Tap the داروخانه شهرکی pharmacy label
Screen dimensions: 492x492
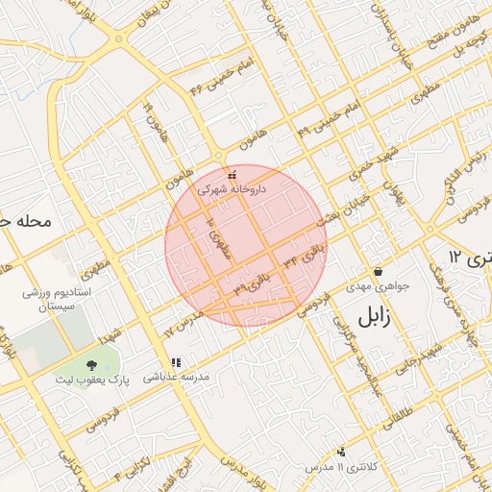coord(231,190)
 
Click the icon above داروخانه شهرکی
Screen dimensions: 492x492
coord(231,175)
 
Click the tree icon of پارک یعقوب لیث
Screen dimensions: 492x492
coord(91,365)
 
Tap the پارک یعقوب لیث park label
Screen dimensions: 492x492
coord(91,381)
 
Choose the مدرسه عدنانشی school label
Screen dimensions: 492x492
coord(176,378)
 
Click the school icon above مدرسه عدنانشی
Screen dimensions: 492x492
coord(175,362)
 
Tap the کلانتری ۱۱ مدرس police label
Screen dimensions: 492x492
coord(341,466)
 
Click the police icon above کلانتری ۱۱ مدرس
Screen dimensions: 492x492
coord(341,451)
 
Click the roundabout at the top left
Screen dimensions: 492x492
coord(118,38)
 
